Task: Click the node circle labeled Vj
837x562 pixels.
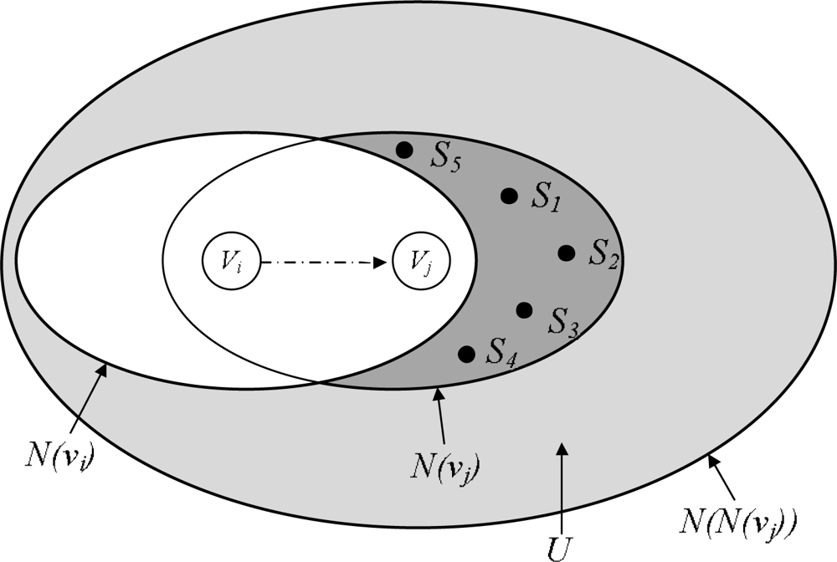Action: coord(420,263)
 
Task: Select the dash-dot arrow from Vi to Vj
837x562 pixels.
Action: coord(325,263)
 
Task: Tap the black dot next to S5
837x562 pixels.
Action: coord(404,151)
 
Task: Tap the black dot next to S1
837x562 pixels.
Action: coord(508,196)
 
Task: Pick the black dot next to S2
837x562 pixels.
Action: coord(567,252)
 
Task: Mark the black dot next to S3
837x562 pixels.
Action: coord(524,310)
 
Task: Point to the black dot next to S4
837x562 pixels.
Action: coord(467,353)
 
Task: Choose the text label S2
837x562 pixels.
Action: coord(603,254)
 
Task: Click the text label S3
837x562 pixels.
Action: coord(564,320)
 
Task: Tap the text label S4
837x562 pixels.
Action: coord(502,353)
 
